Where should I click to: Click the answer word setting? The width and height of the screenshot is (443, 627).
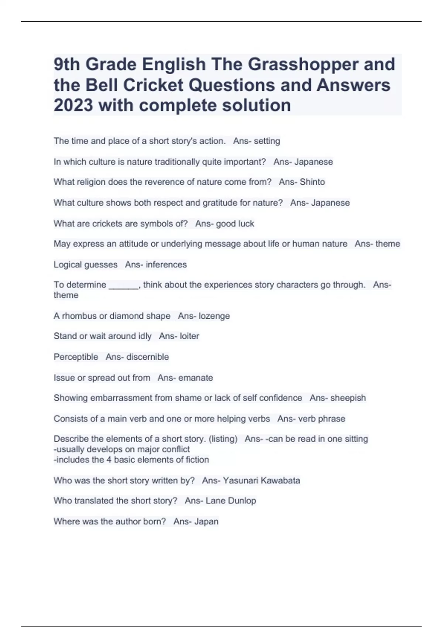pyautogui.click(x=267, y=141)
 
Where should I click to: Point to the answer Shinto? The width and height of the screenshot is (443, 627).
pyautogui.click(x=312, y=182)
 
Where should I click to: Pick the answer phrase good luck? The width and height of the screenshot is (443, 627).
pyautogui.click(x=235, y=224)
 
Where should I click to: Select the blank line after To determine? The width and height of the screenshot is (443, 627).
pyautogui.click(x=123, y=285)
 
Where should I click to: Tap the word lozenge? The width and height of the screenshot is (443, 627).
pyautogui.click(x=214, y=316)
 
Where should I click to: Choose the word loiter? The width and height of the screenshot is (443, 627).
pyautogui.click(x=189, y=336)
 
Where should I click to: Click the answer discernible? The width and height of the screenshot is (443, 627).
pyautogui.click(x=147, y=357)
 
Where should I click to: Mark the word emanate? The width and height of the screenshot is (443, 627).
pyautogui.click(x=196, y=378)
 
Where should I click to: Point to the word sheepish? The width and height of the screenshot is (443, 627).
pyautogui.click(x=348, y=398)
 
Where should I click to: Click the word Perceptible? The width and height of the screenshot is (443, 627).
pyautogui.click(x=76, y=357)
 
